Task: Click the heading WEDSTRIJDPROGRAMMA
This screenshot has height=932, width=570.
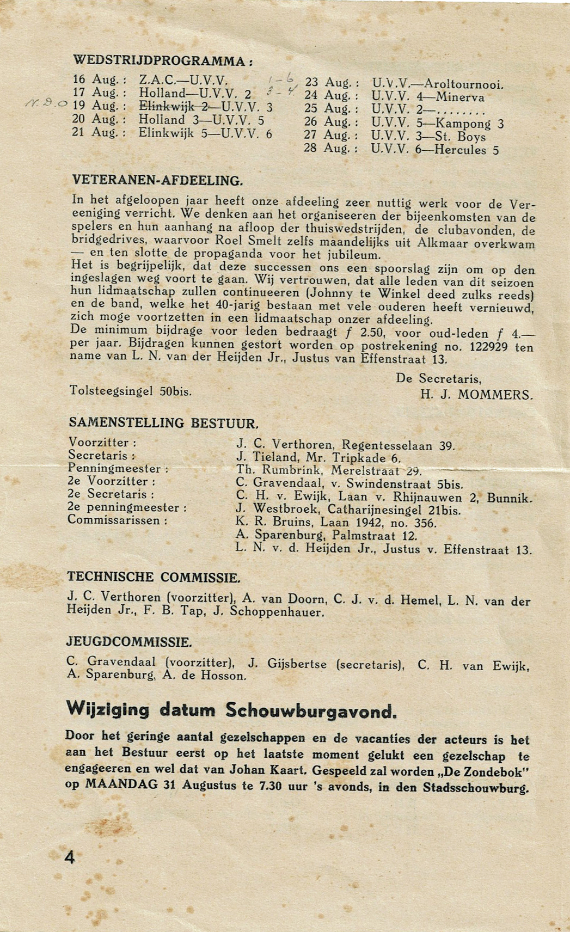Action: pos(162,60)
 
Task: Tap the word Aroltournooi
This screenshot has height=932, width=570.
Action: pos(464,84)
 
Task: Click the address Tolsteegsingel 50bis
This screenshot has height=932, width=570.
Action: pos(131,391)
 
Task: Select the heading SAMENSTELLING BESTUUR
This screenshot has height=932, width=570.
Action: pos(163,423)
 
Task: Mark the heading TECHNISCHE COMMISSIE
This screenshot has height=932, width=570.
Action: pos(154,578)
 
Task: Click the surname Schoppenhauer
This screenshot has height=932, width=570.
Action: pos(277,612)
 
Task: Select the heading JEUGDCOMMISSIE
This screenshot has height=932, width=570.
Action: pos(129,642)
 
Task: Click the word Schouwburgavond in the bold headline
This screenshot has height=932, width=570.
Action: pos(311,711)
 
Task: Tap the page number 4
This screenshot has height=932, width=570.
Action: pos(70,857)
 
